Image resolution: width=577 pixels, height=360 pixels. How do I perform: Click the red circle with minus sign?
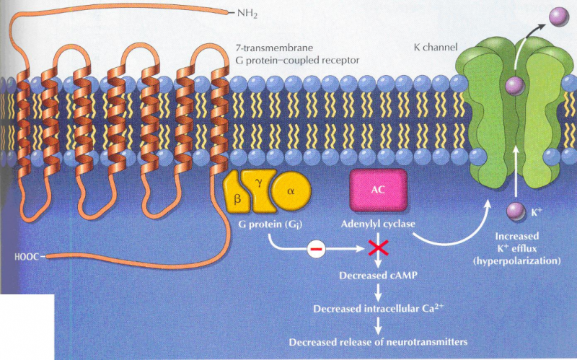click(x=317, y=250)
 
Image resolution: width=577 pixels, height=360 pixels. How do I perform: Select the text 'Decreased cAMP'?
click(x=375, y=276)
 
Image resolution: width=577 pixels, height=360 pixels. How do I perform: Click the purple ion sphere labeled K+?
click(x=515, y=211)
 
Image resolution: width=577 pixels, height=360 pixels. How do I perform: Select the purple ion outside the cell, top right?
click(x=557, y=15)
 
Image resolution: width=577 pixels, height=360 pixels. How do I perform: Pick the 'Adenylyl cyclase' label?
click(x=378, y=224)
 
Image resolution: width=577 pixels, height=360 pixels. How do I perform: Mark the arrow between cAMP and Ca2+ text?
click(x=375, y=292)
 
